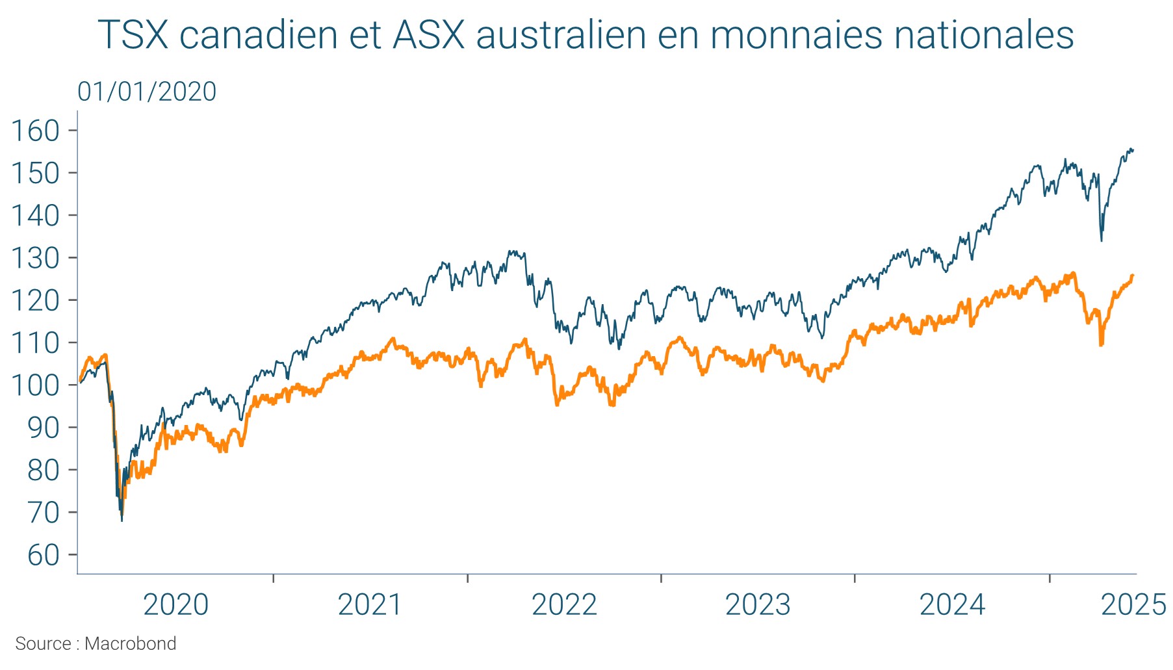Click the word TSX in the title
tap(133, 35)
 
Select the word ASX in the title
tap(430, 35)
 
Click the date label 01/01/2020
tap(147, 92)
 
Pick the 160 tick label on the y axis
tap(36, 131)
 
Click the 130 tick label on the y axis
tap(36, 259)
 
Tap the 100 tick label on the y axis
tap(36, 385)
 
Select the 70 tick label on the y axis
tap(43, 513)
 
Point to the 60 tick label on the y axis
tap(43, 556)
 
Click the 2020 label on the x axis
tap(175, 605)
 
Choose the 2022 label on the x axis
tap(564, 605)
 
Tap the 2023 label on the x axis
tap(758, 605)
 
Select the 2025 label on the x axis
tap(1133, 605)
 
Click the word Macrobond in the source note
tap(131, 644)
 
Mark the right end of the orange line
tap(1133, 276)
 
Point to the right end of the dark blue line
tap(1133, 150)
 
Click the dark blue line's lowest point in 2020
tap(122, 520)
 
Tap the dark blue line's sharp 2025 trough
tap(1102, 240)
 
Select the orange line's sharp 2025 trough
tap(1101, 344)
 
